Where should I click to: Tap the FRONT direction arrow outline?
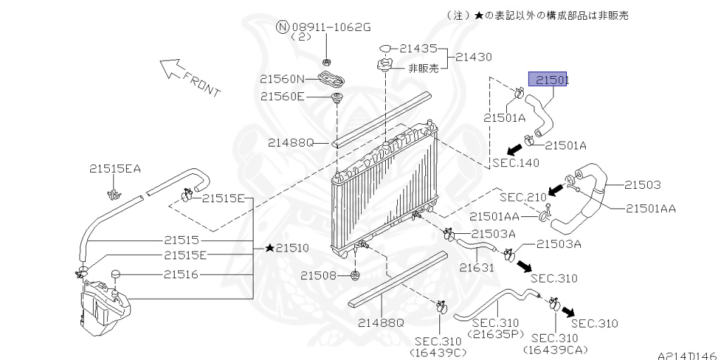169,68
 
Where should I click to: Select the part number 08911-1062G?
331,27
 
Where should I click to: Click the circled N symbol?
282,27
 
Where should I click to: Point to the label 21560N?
282,79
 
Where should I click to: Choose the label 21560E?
282,97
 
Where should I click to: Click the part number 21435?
418,48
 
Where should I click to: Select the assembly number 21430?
473,57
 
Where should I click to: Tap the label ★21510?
287,248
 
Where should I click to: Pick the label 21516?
181,275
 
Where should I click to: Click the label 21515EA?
115,169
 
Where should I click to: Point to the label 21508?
319,275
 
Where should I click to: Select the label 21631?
477,267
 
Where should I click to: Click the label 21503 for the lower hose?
642,185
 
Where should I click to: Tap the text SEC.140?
515,163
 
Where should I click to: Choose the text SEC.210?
523,197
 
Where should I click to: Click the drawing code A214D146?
689,355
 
